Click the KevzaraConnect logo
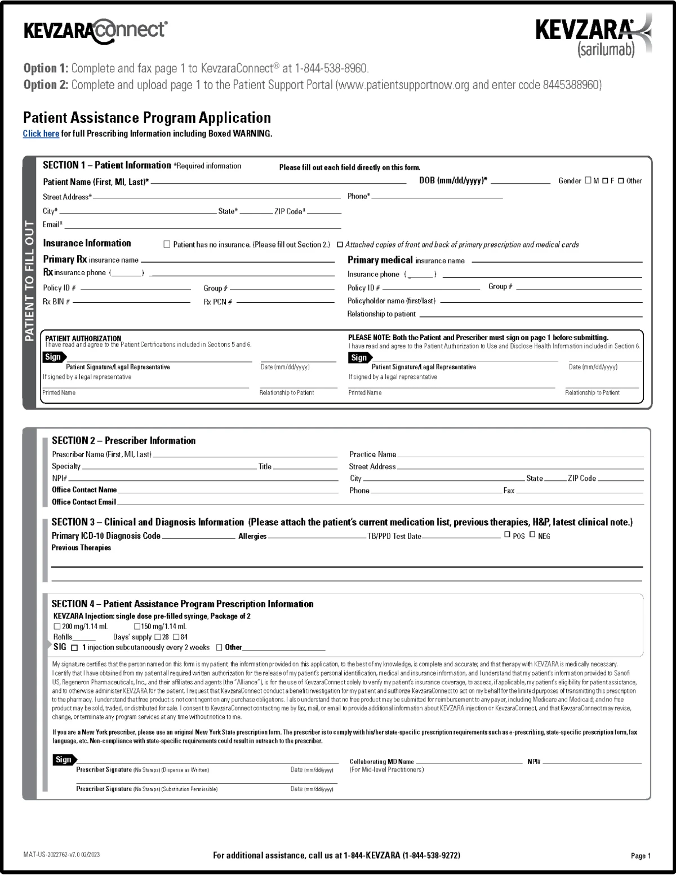[x=95, y=30]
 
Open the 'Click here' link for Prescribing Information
[x=41, y=134]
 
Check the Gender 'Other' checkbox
[x=621, y=181]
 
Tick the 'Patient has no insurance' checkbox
[x=167, y=244]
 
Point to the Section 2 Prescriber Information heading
[x=123, y=441]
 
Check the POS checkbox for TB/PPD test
[x=507, y=534]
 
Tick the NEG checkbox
[x=532, y=534]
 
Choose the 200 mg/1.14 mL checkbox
[x=57, y=626]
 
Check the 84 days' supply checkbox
[x=176, y=637]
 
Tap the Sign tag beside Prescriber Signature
[x=64, y=759]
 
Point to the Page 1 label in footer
[x=641, y=856]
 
